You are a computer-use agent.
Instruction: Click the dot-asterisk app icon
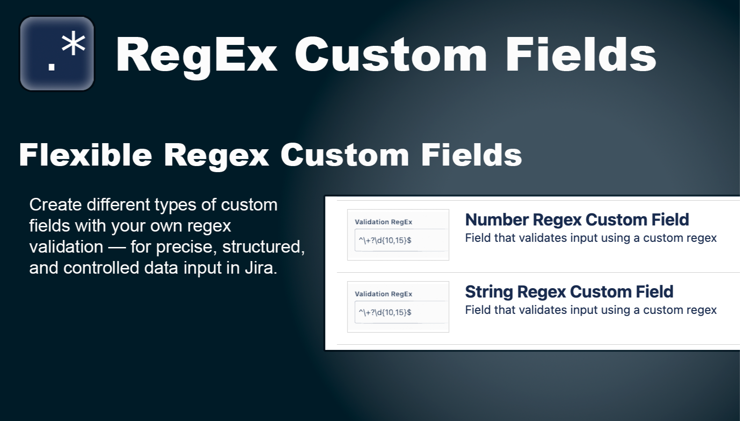[x=57, y=54]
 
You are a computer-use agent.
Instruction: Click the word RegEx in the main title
[x=196, y=55]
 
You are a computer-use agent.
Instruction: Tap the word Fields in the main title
[x=580, y=55]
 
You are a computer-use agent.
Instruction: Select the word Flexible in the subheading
[x=86, y=155]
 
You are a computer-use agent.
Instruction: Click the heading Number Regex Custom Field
[x=577, y=219]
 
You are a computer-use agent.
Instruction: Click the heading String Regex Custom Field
[x=569, y=291]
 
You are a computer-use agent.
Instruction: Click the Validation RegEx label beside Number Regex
[x=383, y=222]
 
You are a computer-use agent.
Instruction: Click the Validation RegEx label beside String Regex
[x=383, y=294]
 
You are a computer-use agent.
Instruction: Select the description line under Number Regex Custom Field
[x=590, y=238]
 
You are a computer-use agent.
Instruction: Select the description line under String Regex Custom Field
[x=590, y=310]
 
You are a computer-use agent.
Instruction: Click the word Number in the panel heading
[x=497, y=219]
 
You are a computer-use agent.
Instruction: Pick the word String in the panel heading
[x=489, y=291]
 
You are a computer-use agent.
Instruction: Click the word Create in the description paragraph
[x=55, y=205]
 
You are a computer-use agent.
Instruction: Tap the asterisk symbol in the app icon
[x=73, y=45]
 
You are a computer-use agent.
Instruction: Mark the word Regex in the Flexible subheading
[x=216, y=155]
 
